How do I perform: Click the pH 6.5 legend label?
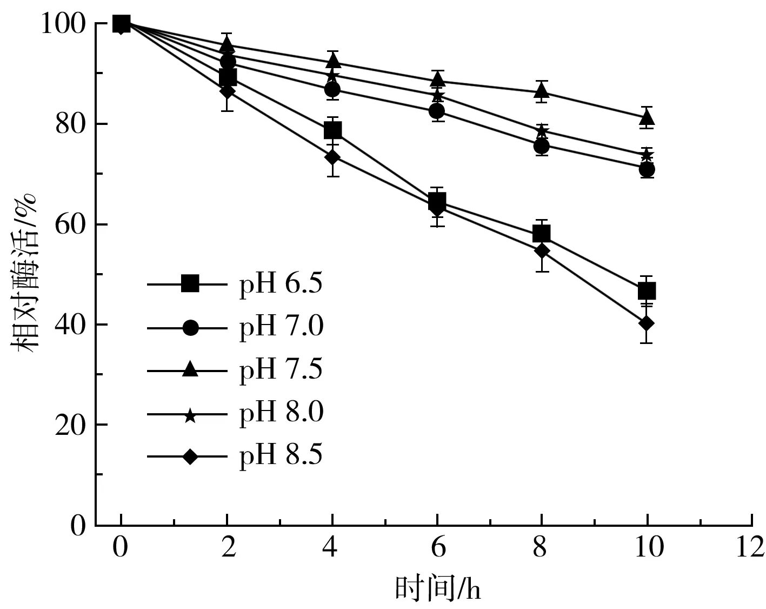pyautogui.click(x=281, y=283)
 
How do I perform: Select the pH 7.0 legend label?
pyautogui.click(x=281, y=327)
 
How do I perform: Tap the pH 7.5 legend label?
pyautogui.click(x=281, y=370)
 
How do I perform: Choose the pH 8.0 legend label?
pyautogui.click(x=281, y=413)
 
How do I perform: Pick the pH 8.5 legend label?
pyautogui.click(x=281, y=456)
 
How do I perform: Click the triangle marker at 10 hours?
pyautogui.click(x=647, y=117)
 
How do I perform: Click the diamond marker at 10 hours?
pyautogui.click(x=647, y=323)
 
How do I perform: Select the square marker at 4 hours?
pyautogui.click(x=332, y=130)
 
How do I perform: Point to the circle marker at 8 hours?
pyautogui.click(x=541, y=146)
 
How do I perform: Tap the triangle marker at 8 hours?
pyautogui.click(x=541, y=91)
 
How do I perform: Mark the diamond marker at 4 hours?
pyautogui.click(x=332, y=157)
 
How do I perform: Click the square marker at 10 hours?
pyautogui.click(x=647, y=292)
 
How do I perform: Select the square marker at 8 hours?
pyautogui.click(x=541, y=234)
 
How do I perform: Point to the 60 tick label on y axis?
pyautogui.click(x=71, y=224)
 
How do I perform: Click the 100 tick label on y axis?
pyautogui.click(x=64, y=24)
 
